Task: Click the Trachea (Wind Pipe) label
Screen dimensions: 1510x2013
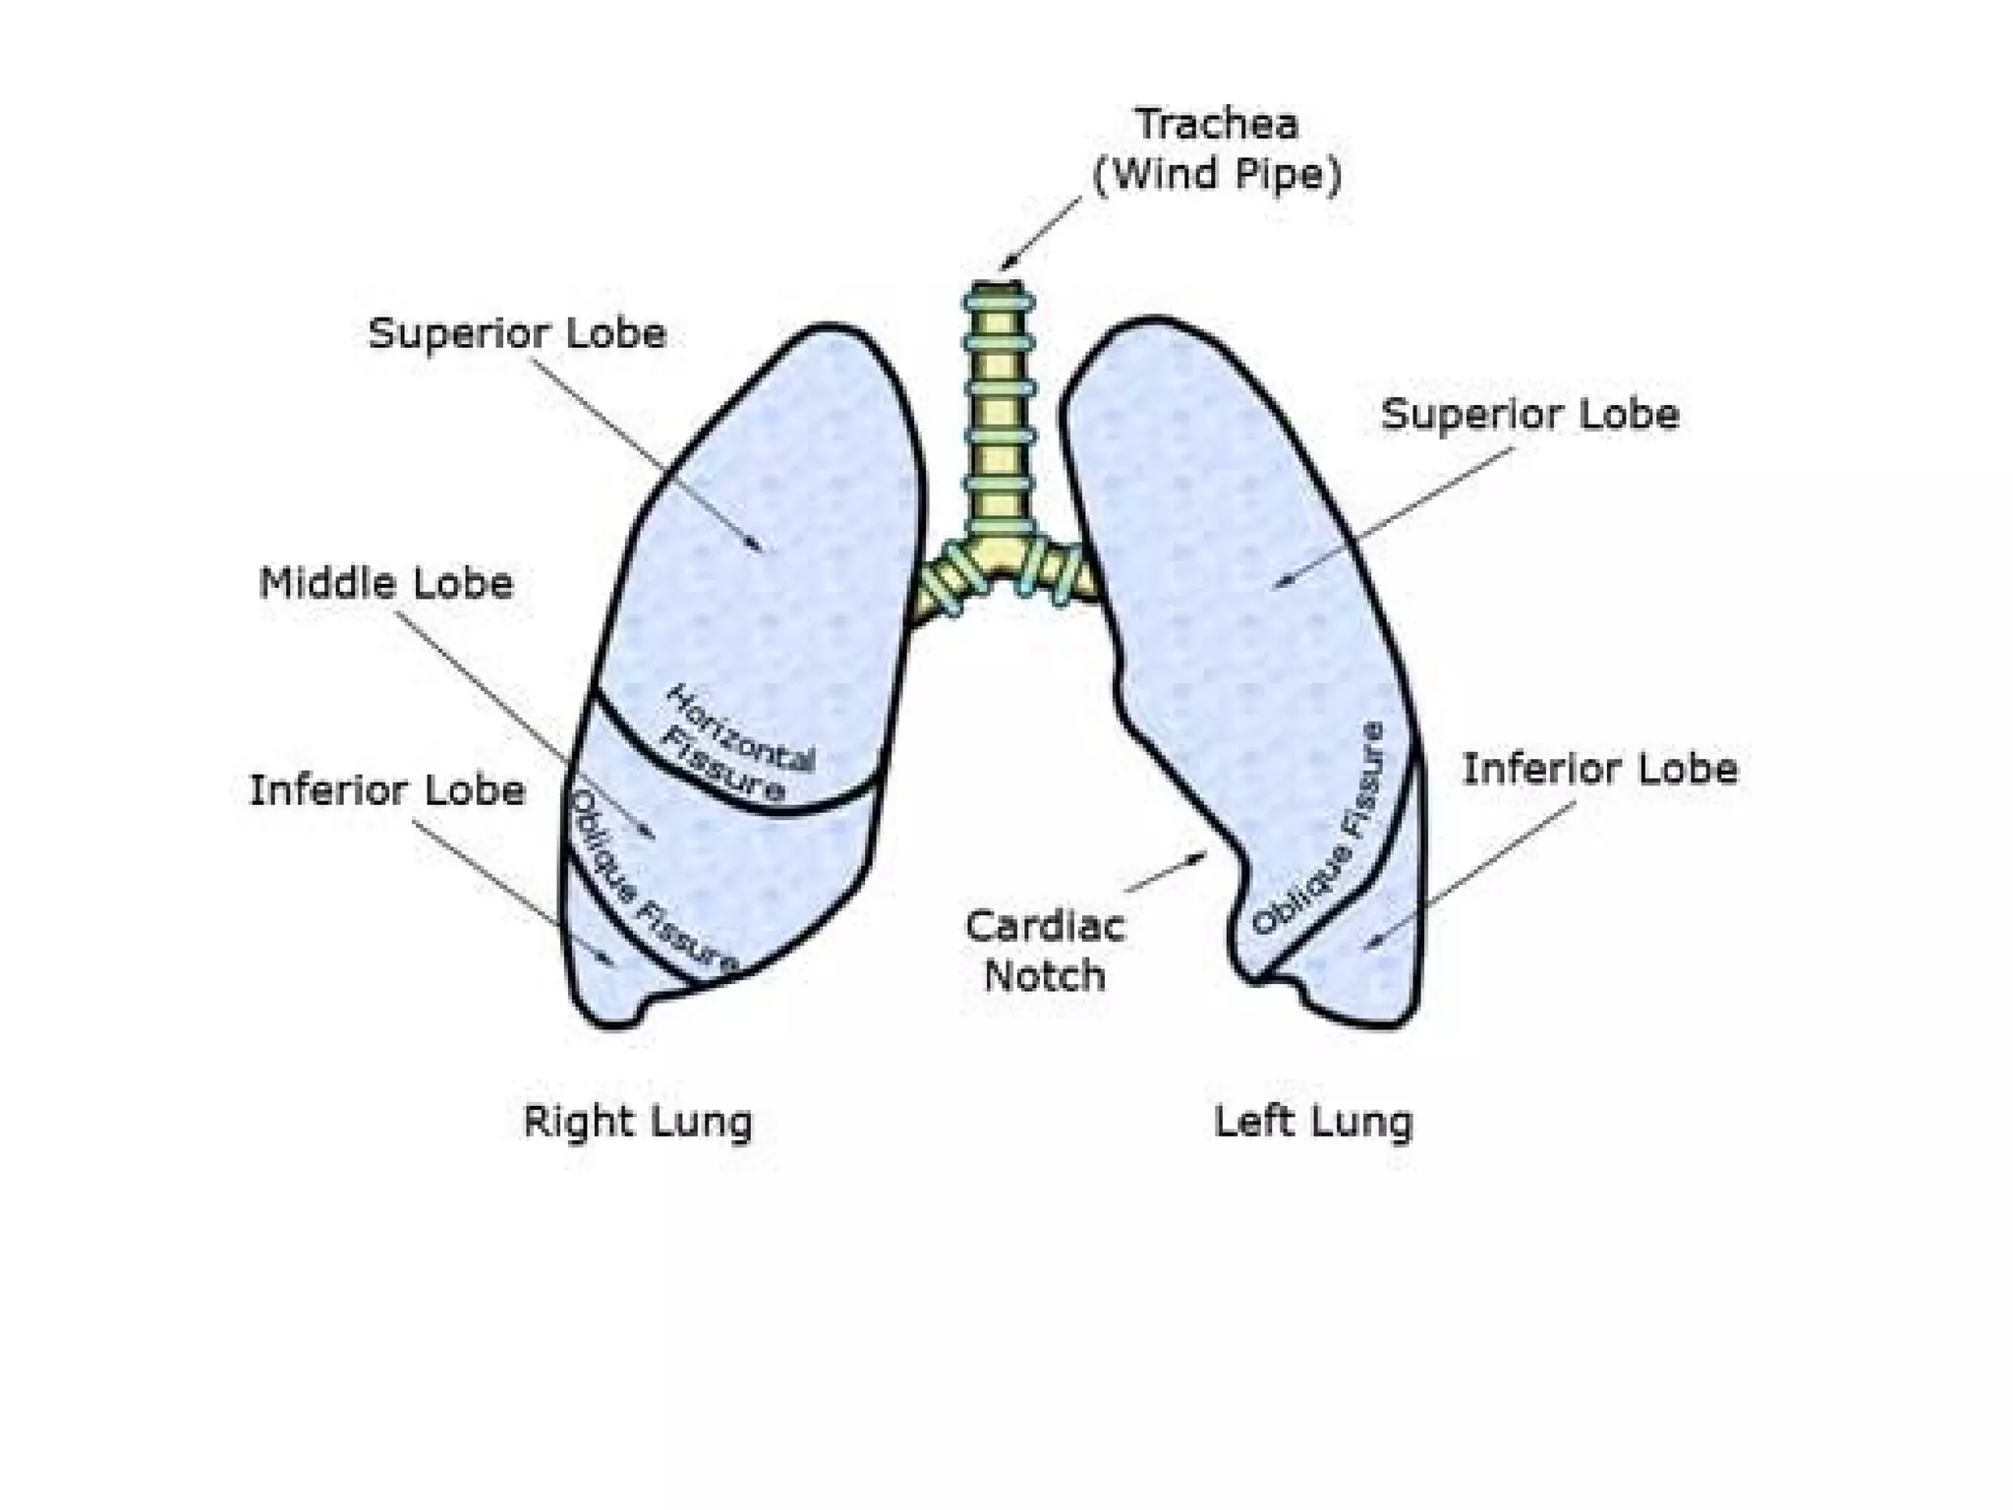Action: [x=1217, y=149]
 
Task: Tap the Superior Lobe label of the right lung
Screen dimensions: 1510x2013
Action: [x=517, y=333]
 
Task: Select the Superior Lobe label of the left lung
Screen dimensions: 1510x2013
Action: [x=1529, y=414]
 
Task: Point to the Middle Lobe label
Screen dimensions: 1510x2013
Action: [x=385, y=584]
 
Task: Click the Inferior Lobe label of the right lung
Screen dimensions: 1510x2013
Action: [x=386, y=790]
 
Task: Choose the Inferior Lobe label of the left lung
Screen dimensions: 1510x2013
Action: [x=1599, y=769]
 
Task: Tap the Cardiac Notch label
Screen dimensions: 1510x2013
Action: [x=1045, y=951]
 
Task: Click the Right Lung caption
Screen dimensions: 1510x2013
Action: [x=638, y=1122]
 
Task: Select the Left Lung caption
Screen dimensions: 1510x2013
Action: [x=1313, y=1122]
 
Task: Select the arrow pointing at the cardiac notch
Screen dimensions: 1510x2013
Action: [x=1167, y=873]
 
